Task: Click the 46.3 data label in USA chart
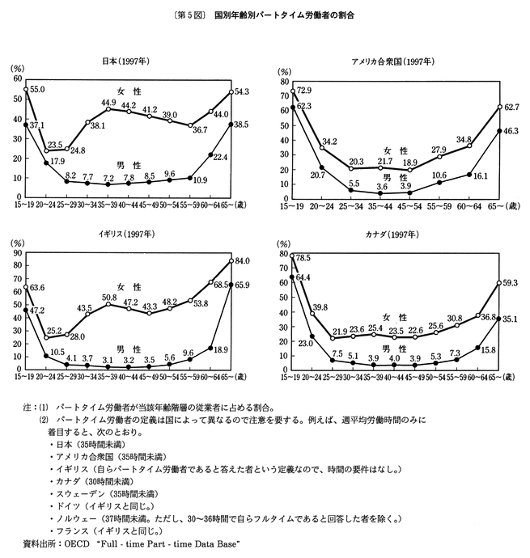512,130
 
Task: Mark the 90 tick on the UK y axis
18,255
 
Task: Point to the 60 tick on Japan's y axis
18,79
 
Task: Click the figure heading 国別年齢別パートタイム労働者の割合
284,15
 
